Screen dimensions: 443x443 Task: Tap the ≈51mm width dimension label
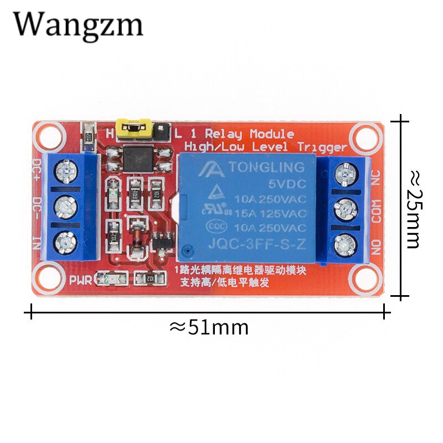click(209, 327)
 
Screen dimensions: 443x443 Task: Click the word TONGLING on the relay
click(267, 167)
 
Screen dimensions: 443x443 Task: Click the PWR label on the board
click(81, 279)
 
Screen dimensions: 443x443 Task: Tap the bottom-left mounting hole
click(48, 275)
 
